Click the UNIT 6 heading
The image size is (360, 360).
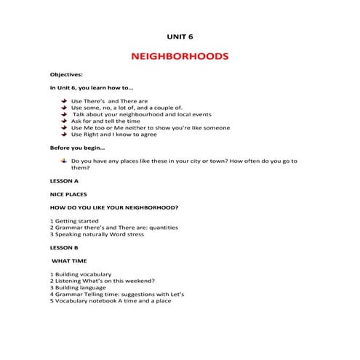(x=180, y=35)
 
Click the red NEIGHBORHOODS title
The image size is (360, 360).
(x=180, y=56)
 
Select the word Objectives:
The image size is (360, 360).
(x=66, y=75)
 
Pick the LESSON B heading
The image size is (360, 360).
(x=64, y=247)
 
